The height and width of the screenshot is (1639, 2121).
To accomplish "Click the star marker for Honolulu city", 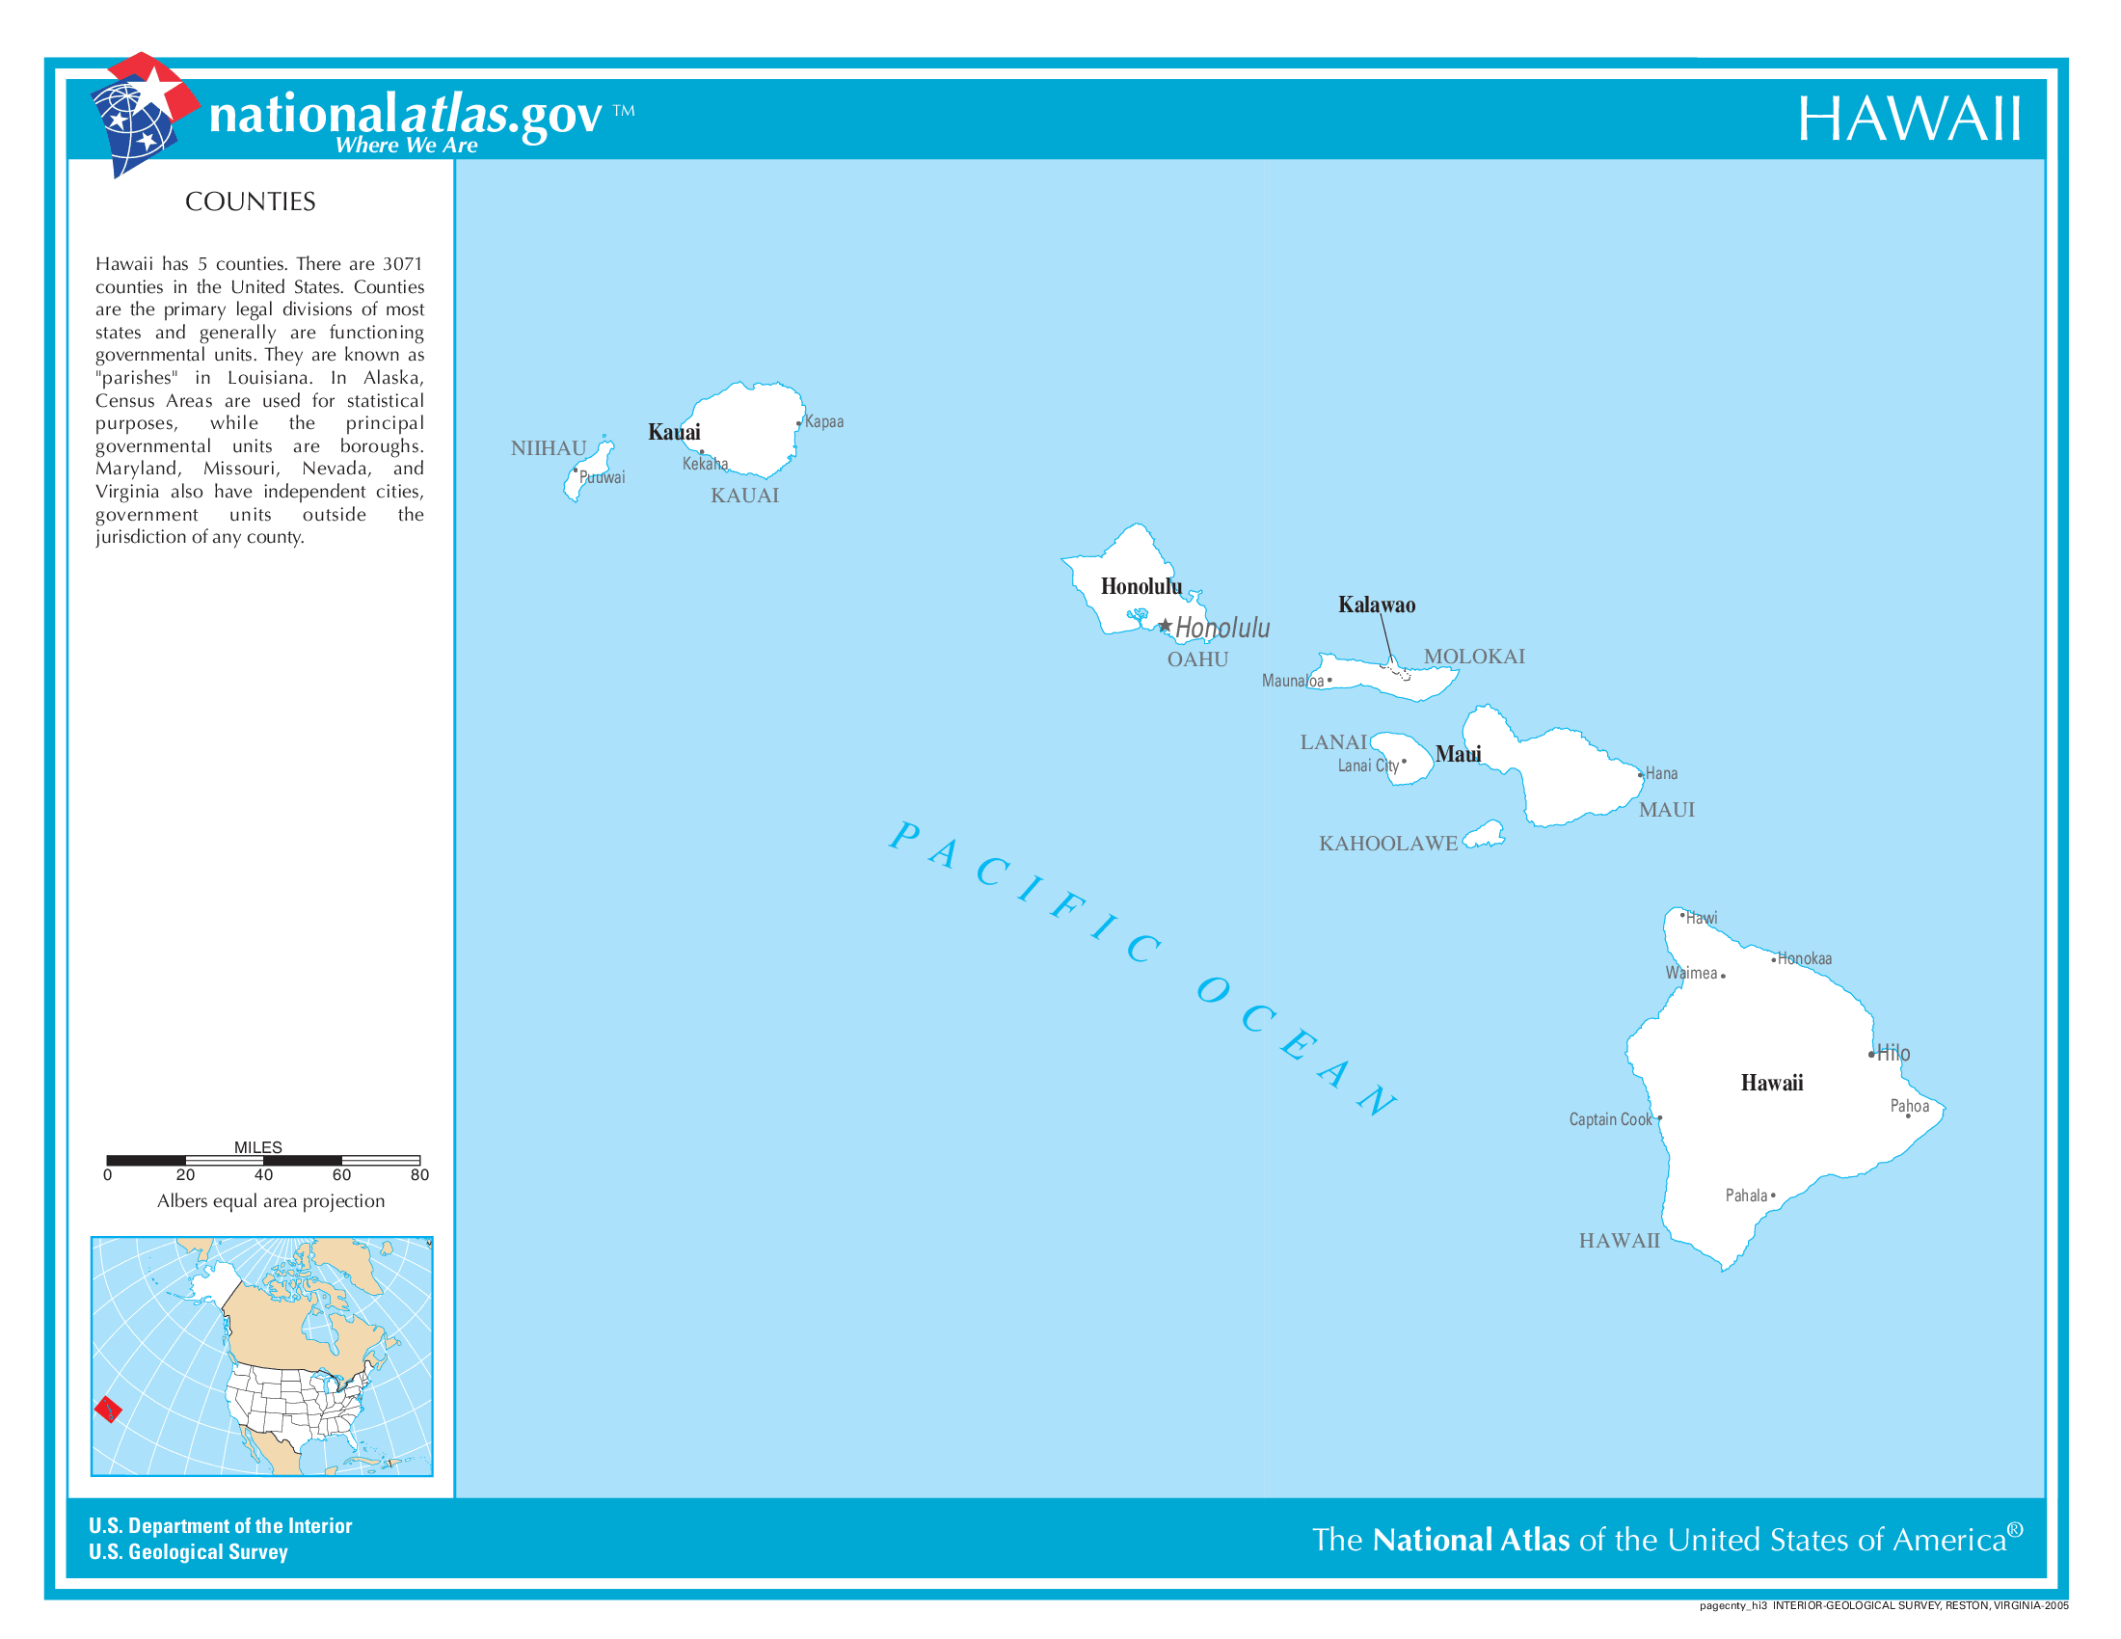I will pyautogui.click(x=1165, y=626).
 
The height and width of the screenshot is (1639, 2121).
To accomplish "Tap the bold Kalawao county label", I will pyautogui.click(x=1376, y=605).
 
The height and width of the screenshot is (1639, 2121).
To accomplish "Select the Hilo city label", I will pyautogui.click(x=1893, y=1053).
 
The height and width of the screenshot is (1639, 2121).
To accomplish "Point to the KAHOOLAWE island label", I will pyautogui.click(x=1387, y=843).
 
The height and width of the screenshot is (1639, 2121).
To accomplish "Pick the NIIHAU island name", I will pyautogui.click(x=549, y=447).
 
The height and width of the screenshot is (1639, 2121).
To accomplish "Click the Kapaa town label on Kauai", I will pyautogui.click(x=823, y=421).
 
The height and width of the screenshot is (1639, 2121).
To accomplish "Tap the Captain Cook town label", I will pyautogui.click(x=1609, y=1118).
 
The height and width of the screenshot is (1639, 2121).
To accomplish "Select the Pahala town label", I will pyautogui.click(x=1745, y=1196).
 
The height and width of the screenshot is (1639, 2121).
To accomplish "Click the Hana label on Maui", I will pyautogui.click(x=1661, y=773).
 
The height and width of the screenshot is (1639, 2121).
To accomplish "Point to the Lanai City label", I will pyautogui.click(x=1367, y=766).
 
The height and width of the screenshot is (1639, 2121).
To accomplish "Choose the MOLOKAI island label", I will pyautogui.click(x=1473, y=657).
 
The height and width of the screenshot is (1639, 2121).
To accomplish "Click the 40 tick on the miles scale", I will pyautogui.click(x=263, y=1174).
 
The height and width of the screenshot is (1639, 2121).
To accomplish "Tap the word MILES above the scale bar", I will pyautogui.click(x=257, y=1146).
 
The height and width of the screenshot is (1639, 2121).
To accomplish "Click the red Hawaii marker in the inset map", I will pyautogui.click(x=108, y=1408).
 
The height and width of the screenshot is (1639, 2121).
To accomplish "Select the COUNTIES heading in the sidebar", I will pyautogui.click(x=250, y=201).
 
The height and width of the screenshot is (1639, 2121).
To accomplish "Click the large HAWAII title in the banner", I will pyautogui.click(x=1908, y=120).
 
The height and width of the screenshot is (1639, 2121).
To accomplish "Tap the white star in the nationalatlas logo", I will pyautogui.click(x=155, y=91).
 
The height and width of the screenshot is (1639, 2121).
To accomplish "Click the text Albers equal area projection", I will pyautogui.click(x=271, y=1201).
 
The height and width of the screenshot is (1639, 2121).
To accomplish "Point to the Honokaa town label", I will pyautogui.click(x=1804, y=958).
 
